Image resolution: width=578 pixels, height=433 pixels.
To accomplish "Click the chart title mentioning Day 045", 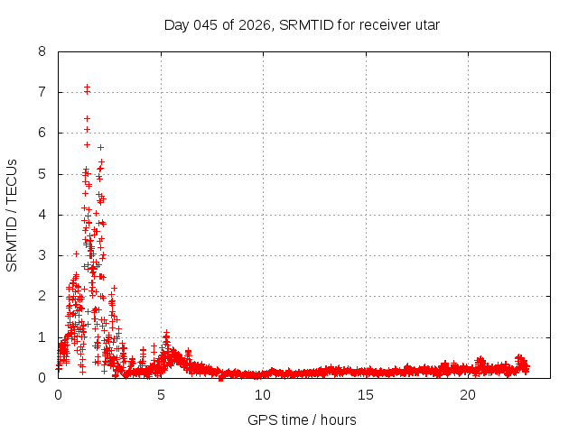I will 302,24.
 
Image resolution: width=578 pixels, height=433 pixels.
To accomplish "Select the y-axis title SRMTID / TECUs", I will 13,214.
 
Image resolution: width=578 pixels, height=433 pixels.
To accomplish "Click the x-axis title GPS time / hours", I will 302,419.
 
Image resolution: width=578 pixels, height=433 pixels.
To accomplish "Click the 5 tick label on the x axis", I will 161,394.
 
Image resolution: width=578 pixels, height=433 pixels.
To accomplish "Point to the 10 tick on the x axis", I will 263,394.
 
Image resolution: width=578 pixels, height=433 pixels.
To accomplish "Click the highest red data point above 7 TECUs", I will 87,87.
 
